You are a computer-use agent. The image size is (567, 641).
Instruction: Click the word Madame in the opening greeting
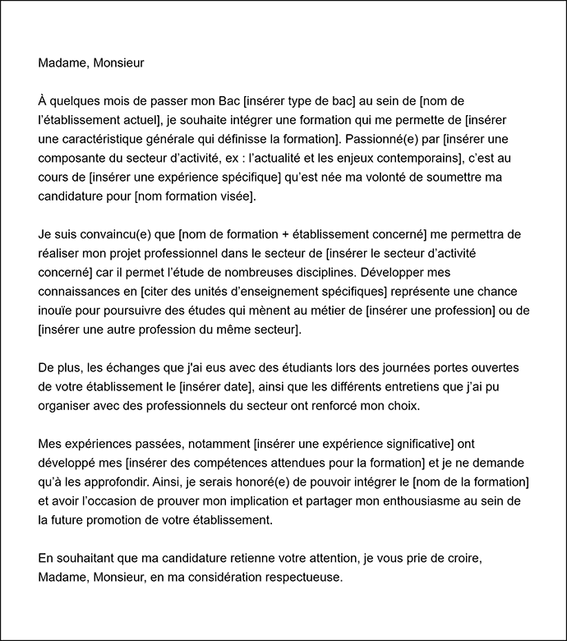tap(62, 62)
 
